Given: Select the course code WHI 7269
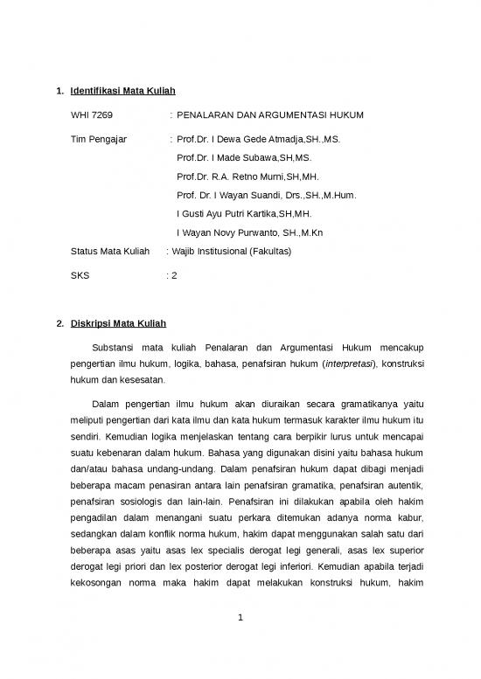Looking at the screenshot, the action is click(91, 114).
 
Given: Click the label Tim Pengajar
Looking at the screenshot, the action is click(98, 139).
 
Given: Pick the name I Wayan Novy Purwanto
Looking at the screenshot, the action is click(250, 232).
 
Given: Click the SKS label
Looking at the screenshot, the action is click(80, 275).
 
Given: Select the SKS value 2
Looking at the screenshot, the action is click(174, 275).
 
